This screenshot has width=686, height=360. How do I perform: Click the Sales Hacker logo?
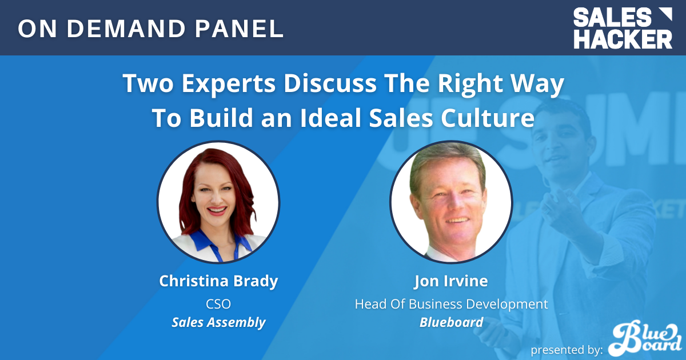(x=622, y=28)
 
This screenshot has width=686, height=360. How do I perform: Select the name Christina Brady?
(x=218, y=281)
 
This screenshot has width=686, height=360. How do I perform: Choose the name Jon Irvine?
(x=451, y=281)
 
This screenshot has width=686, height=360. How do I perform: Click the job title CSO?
(x=218, y=303)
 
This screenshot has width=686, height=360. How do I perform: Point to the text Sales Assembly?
(x=218, y=322)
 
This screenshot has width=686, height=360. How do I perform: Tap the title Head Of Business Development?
(x=451, y=303)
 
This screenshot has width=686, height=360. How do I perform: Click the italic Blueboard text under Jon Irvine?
(x=451, y=322)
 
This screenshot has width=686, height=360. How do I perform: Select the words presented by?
(x=566, y=349)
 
